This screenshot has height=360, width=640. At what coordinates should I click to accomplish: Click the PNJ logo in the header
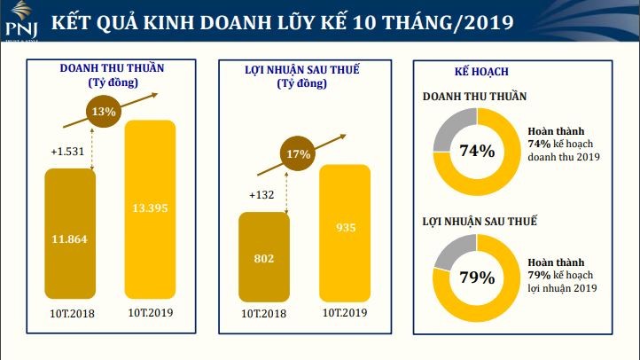(x=19, y=20)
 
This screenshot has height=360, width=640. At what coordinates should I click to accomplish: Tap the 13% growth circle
(x=104, y=112)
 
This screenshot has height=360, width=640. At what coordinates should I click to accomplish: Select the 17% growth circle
(x=299, y=154)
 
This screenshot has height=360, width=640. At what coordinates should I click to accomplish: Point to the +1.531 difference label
(x=67, y=152)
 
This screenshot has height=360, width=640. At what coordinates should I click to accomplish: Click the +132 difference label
(x=262, y=195)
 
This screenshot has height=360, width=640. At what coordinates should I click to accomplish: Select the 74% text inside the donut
(x=477, y=151)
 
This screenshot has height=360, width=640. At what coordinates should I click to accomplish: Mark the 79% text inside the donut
(x=477, y=278)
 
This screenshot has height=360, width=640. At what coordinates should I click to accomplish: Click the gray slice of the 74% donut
(x=450, y=123)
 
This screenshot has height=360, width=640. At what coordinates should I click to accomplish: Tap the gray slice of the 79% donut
(x=451, y=252)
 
